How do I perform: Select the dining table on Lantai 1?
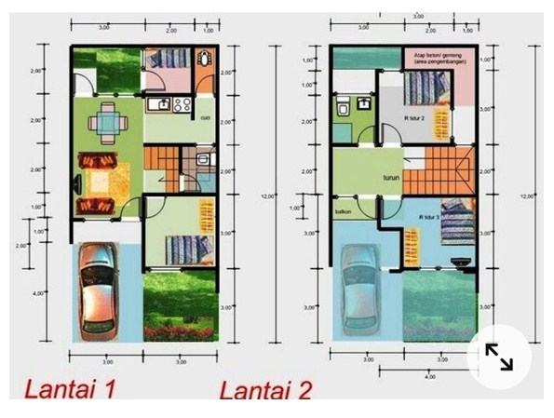(109, 122)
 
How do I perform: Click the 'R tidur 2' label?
(415, 120)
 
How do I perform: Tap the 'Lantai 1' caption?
(70, 388)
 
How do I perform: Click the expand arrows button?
(498, 357)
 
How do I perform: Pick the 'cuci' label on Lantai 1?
(205, 118)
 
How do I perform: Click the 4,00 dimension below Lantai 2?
(431, 378)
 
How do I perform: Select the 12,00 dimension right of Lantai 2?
(528, 196)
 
